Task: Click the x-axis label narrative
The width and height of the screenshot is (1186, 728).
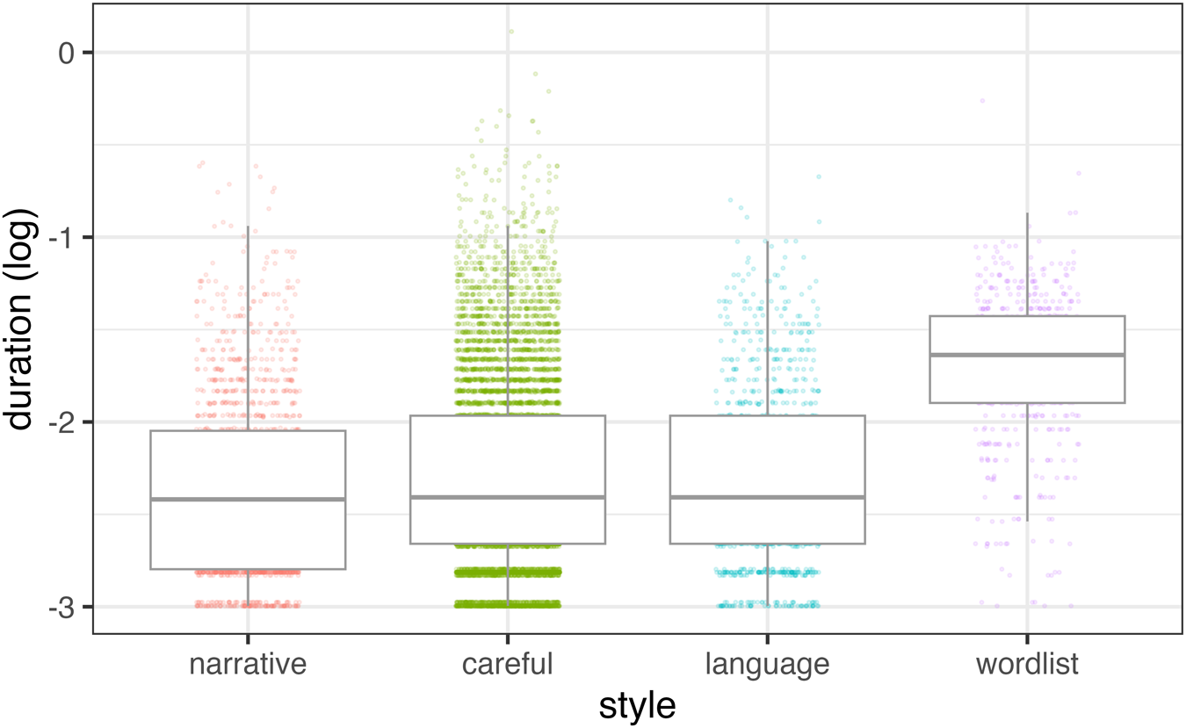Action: (248, 665)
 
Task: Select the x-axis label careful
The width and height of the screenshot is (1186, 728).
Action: (507, 665)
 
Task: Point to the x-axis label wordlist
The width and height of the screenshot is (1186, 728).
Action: (1027, 665)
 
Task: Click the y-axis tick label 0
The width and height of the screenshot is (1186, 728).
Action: (67, 54)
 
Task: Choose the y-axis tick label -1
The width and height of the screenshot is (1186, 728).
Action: (62, 238)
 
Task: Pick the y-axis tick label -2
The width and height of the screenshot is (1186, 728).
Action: (62, 422)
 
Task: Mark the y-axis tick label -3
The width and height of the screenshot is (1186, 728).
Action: (62, 608)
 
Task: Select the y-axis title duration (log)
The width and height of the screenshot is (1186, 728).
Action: (19, 319)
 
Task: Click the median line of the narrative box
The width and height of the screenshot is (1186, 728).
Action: (248, 499)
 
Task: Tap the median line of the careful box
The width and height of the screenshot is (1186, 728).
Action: (507, 497)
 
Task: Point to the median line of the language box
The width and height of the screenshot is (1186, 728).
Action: (767, 497)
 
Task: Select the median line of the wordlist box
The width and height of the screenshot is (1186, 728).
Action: (1027, 355)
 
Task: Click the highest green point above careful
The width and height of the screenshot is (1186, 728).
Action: (511, 32)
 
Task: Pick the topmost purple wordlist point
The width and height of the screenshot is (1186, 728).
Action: (982, 100)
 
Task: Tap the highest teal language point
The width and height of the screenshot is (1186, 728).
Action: (819, 177)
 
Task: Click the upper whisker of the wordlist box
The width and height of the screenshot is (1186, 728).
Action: (1028, 264)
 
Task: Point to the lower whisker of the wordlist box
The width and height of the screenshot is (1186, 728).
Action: (1028, 462)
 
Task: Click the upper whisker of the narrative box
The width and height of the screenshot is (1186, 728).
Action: (248, 328)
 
